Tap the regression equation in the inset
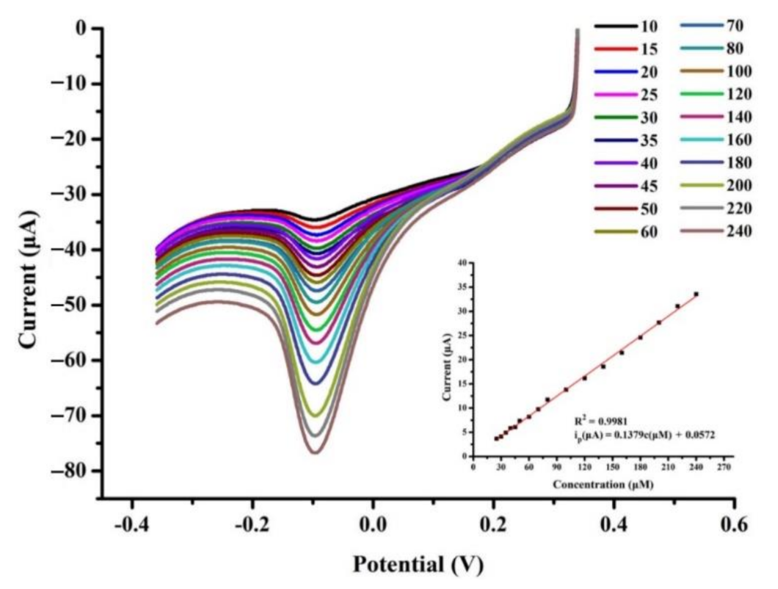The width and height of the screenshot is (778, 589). tap(644, 436)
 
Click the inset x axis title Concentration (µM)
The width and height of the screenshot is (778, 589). tap(603, 484)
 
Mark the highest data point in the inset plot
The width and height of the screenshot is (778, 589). tap(696, 294)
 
